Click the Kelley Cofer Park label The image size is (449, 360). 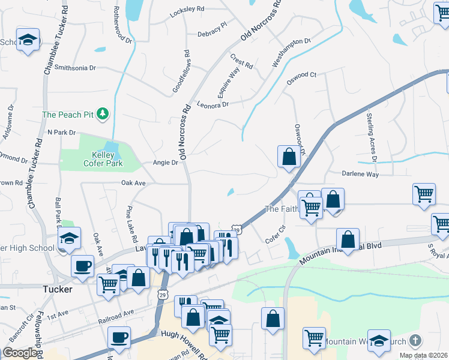coord(98,159)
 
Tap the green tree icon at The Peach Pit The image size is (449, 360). coord(103,113)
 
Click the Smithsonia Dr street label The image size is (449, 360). coord(75,68)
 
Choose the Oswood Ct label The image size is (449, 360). coord(301,76)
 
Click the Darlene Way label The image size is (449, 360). coord(360,174)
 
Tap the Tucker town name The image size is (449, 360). coord(58,289)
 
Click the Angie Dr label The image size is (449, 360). coord(166,163)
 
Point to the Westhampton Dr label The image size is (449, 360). coord(292,52)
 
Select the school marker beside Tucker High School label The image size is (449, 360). coord(70,239)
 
